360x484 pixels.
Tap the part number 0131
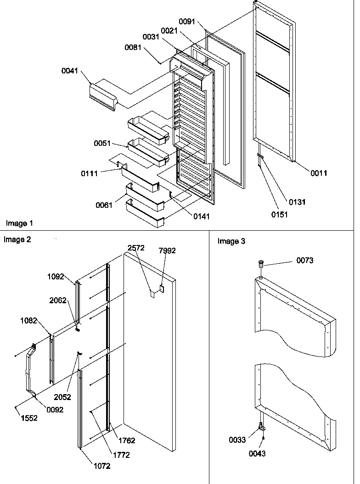297,202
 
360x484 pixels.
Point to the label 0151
279,215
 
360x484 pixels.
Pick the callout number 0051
103,143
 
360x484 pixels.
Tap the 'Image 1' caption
19,223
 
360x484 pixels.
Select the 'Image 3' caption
231,241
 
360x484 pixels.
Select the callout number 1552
28,419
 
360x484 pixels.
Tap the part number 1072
102,467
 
